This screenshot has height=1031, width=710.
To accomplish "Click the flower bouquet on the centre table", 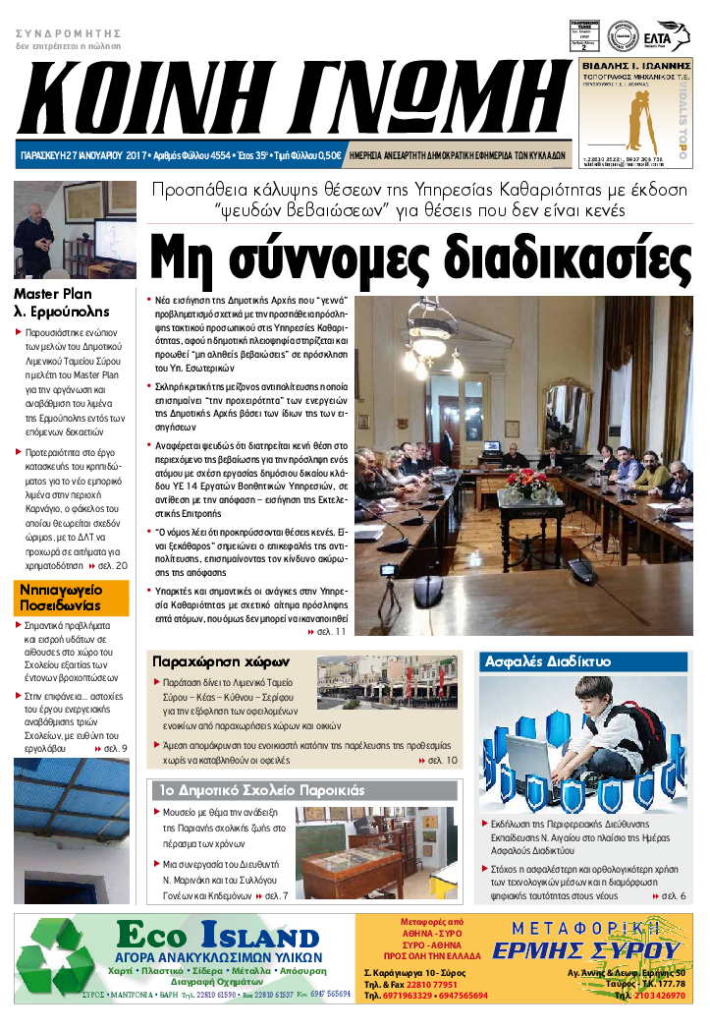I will pos(530,483).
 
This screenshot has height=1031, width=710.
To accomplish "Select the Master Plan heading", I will pos(52,293).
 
